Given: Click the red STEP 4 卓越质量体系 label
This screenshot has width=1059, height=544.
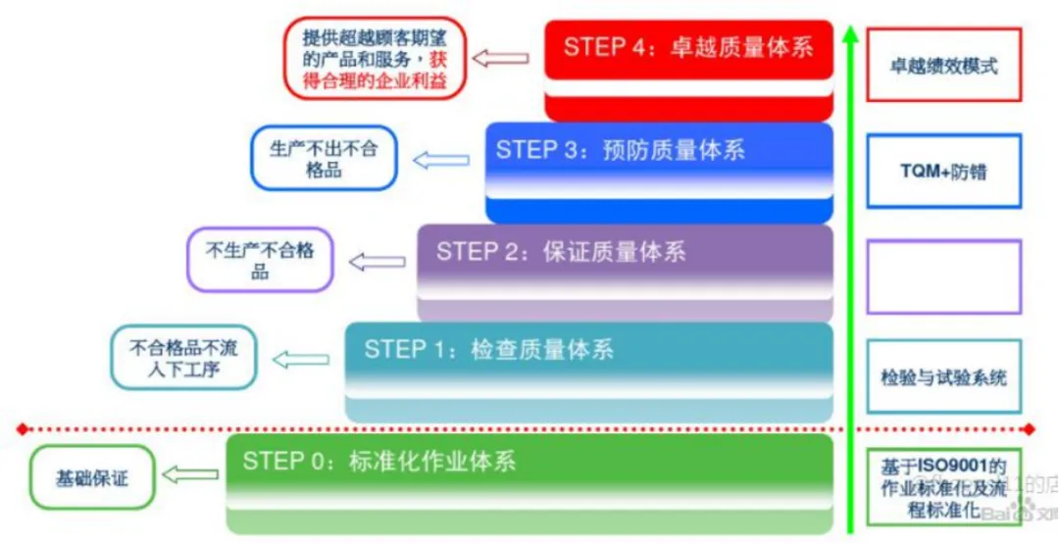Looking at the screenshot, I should (x=688, y=47).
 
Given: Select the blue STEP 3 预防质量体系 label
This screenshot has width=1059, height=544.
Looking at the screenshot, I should (x=620, y=150).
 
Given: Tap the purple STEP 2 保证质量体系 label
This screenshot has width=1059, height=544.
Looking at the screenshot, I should (x=561, y=251).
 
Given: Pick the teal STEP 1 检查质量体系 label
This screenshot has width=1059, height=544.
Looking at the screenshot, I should (x=489, y=349).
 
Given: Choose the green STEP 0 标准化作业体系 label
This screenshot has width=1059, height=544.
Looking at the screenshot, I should (x=379, y=461).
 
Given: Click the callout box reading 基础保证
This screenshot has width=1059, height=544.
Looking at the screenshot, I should (x=92, y=477).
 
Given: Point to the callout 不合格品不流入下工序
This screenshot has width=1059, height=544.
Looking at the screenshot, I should (x=184, y=359).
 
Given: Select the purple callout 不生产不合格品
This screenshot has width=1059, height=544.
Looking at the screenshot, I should (x=260, y=261).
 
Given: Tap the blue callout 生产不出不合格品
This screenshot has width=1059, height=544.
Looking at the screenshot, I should (x=324, y=158).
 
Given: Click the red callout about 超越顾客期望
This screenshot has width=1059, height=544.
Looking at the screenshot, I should (x=374, y=59).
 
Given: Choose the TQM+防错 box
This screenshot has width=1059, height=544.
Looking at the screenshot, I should (x=944, y=171).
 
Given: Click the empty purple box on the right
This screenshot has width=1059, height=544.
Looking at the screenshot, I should (x=944, y=276).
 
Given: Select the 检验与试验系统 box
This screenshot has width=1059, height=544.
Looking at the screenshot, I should (x=944, y=377).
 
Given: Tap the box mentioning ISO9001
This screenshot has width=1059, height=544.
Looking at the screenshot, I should (x=944, y=486).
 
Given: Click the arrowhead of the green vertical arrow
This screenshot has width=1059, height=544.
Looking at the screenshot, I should (x=850, y=34).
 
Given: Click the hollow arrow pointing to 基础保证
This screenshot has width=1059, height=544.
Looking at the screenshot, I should (x=189, y=475).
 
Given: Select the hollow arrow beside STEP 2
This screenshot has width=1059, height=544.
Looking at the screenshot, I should (x=378, y=262).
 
